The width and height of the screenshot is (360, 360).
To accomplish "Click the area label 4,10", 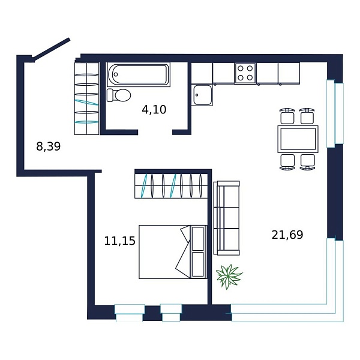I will click(x=154, y=109).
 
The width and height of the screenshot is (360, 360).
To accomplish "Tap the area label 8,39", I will click(x=49, y=146).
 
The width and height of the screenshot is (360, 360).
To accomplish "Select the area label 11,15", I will click(x=119, y=241).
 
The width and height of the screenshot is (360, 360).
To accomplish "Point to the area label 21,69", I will click(x=287, y=235).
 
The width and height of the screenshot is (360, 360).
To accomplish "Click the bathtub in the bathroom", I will click(x=139, y=74).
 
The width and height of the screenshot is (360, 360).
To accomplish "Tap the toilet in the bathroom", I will click(x=119, y=95).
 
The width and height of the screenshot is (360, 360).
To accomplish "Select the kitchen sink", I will click(x=202, y=95).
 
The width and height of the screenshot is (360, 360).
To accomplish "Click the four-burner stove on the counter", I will click(x=245, y=73).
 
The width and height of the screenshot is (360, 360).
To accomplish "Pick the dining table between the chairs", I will click(x=298, y=139).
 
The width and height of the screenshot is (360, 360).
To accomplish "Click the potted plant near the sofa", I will click(x=229, y=277).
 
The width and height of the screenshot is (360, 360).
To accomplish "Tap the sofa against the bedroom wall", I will click(x=227, y=217).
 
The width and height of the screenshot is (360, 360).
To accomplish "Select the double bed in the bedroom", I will click(x=165, y=252).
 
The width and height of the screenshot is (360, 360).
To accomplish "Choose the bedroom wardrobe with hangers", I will click(x=171, y=185).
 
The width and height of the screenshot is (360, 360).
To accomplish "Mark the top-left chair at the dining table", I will click(x=287, y=116).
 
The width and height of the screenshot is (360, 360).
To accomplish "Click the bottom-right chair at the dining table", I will click(x=308, y=161).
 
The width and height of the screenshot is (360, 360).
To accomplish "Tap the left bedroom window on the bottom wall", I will click(x=130, y=313).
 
